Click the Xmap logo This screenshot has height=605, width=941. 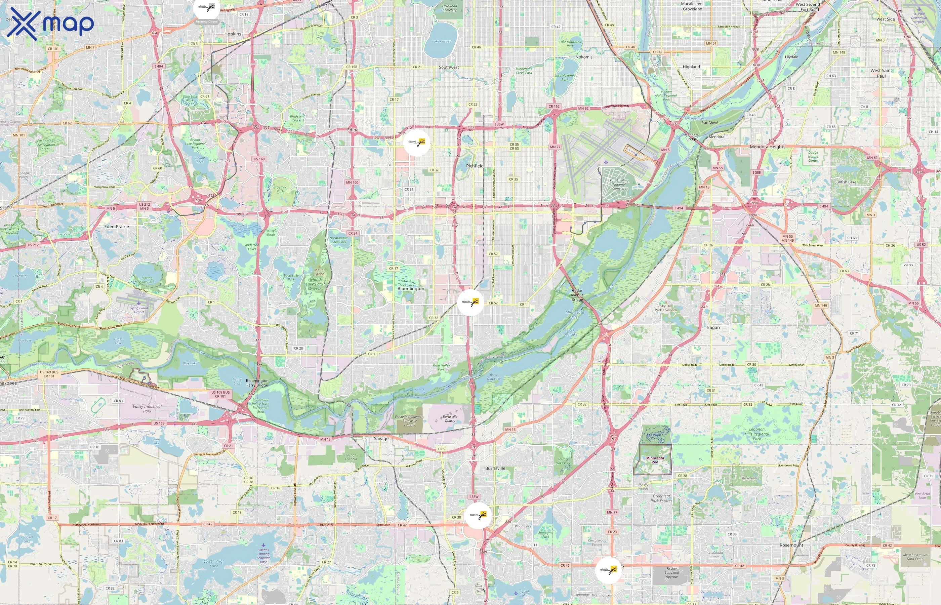click(50, 24)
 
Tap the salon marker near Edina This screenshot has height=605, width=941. click(417, 143)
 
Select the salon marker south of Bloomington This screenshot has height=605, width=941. click(470, 302)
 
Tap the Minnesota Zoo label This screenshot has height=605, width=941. click(655, 460)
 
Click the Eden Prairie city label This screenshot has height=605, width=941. click(117, 227)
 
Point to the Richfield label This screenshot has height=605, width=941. click(475, 166)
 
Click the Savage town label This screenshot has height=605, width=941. click(381, 438)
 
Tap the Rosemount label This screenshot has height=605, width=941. click(791, 545)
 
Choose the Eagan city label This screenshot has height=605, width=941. click(713, 327)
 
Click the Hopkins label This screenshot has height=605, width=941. click(233, 34)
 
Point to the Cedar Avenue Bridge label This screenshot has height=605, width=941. click(577, 295)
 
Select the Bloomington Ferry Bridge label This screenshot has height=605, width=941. click(257, 382)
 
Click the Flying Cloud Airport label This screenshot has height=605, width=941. click(139, 310)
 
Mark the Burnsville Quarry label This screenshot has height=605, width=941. click(450, 418)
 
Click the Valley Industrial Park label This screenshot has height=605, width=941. click(147, 409)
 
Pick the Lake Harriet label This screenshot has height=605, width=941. click(441, 41)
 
